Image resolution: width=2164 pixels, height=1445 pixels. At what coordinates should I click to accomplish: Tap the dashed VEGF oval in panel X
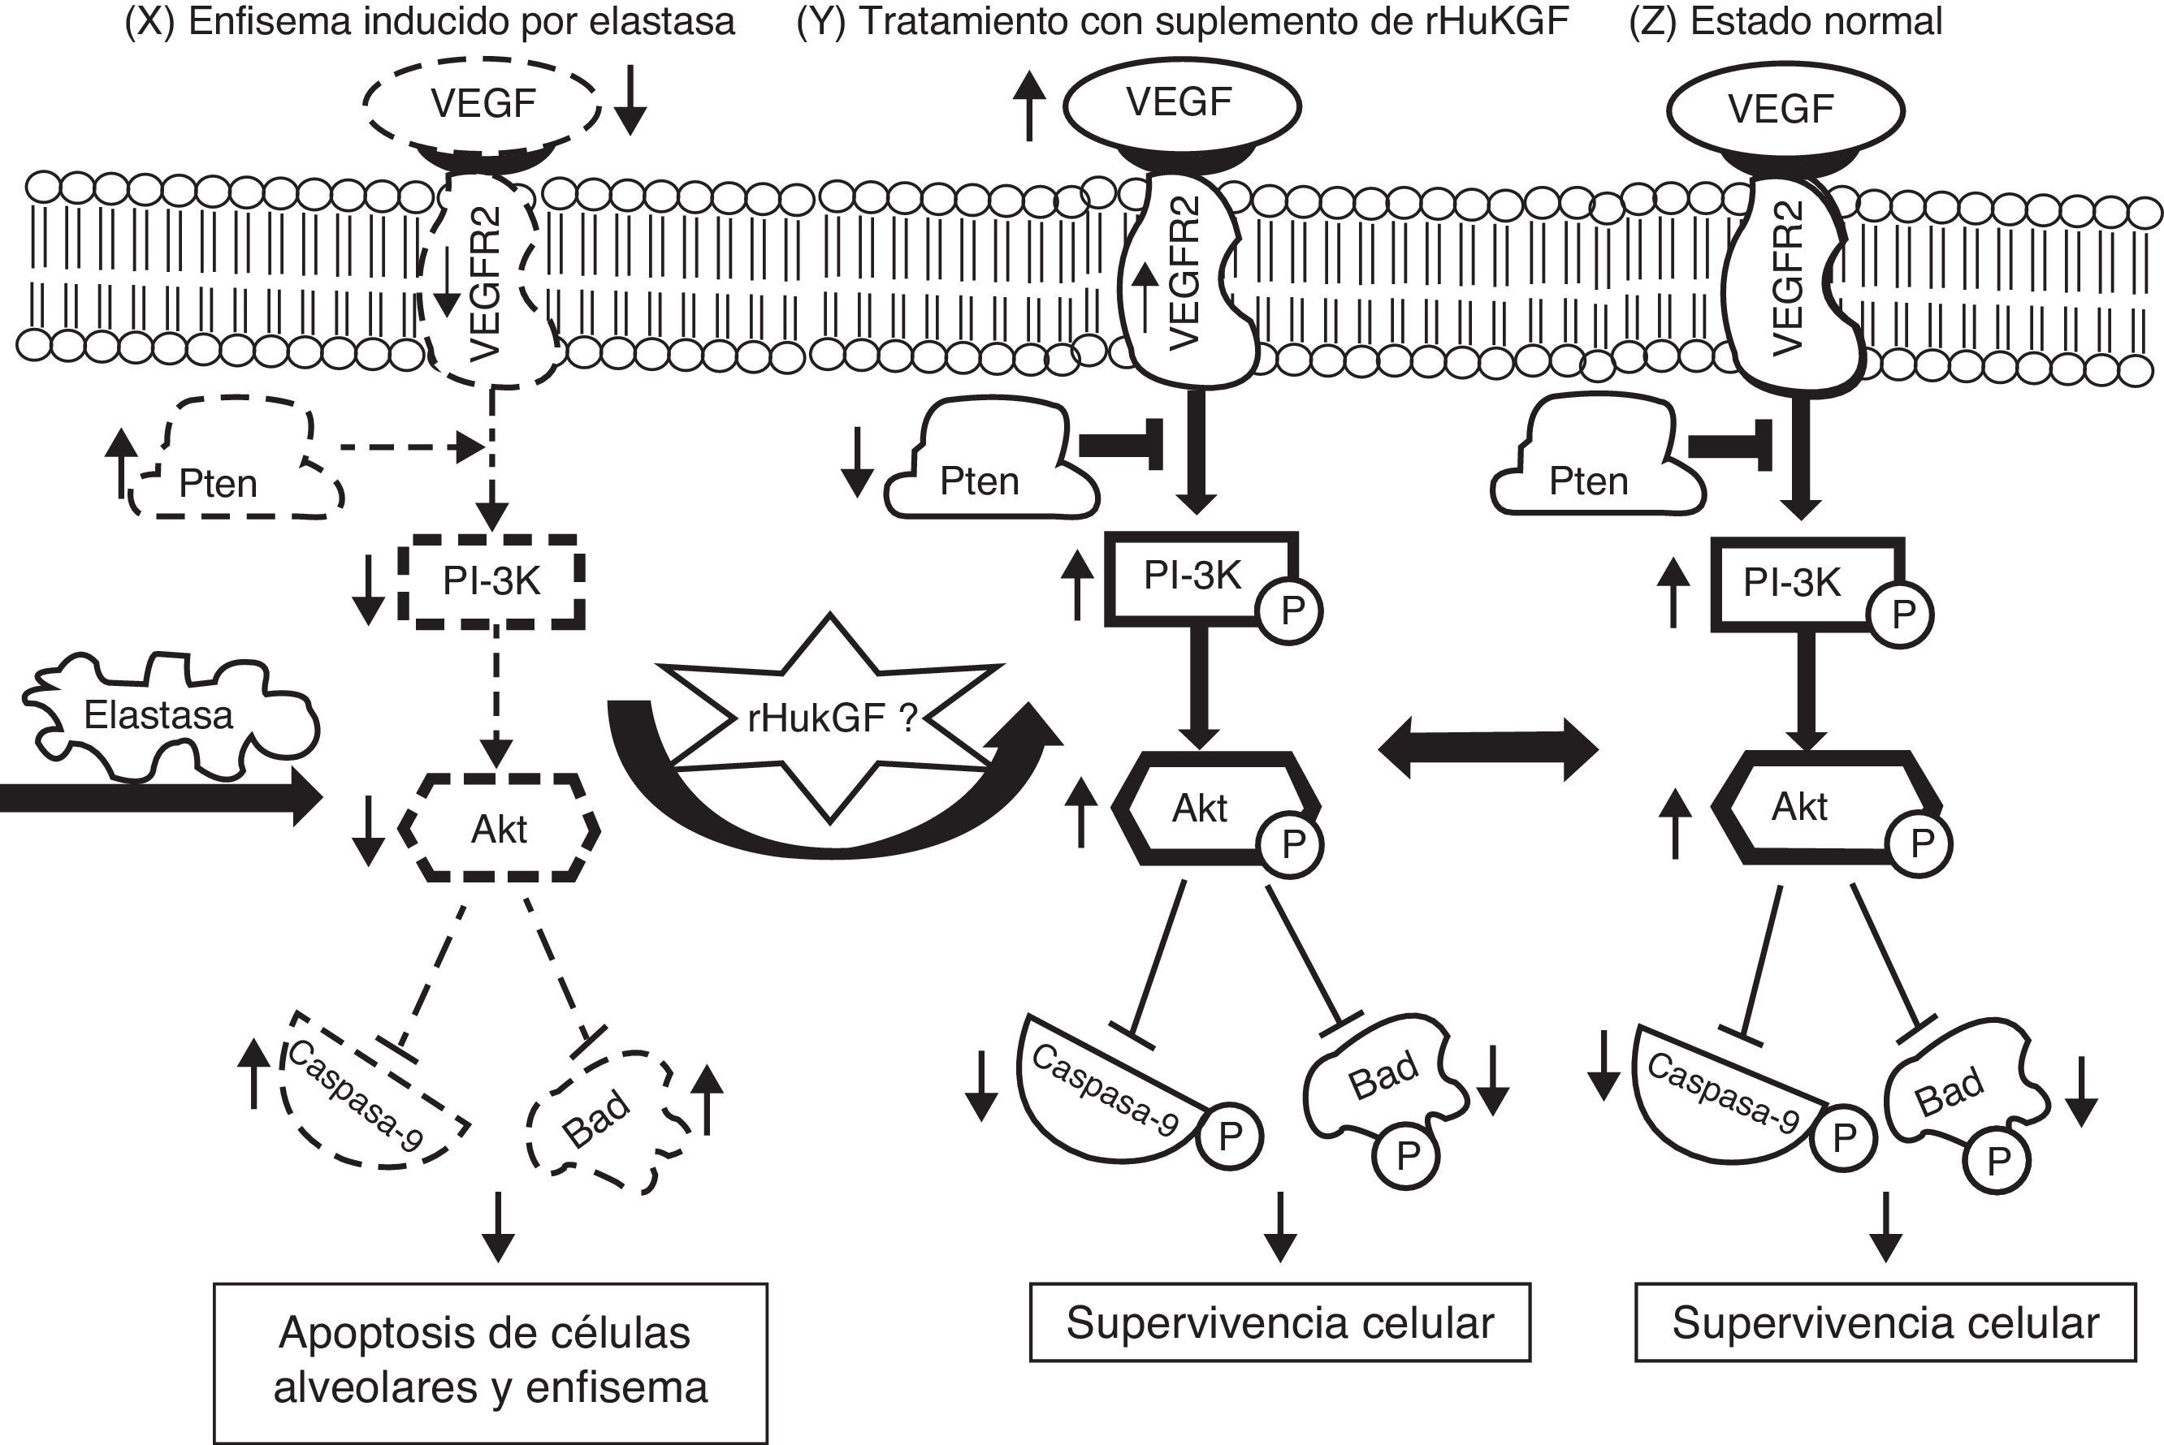(483, 104)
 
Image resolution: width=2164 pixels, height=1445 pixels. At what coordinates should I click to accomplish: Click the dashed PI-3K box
(491, 581)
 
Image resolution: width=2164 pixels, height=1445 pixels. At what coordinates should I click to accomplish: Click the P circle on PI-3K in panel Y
(1292, 611)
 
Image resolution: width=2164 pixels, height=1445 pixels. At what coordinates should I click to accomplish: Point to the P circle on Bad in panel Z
(1997, 1161)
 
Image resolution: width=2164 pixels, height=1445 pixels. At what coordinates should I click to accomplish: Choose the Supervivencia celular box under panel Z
(1885, 1323)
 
